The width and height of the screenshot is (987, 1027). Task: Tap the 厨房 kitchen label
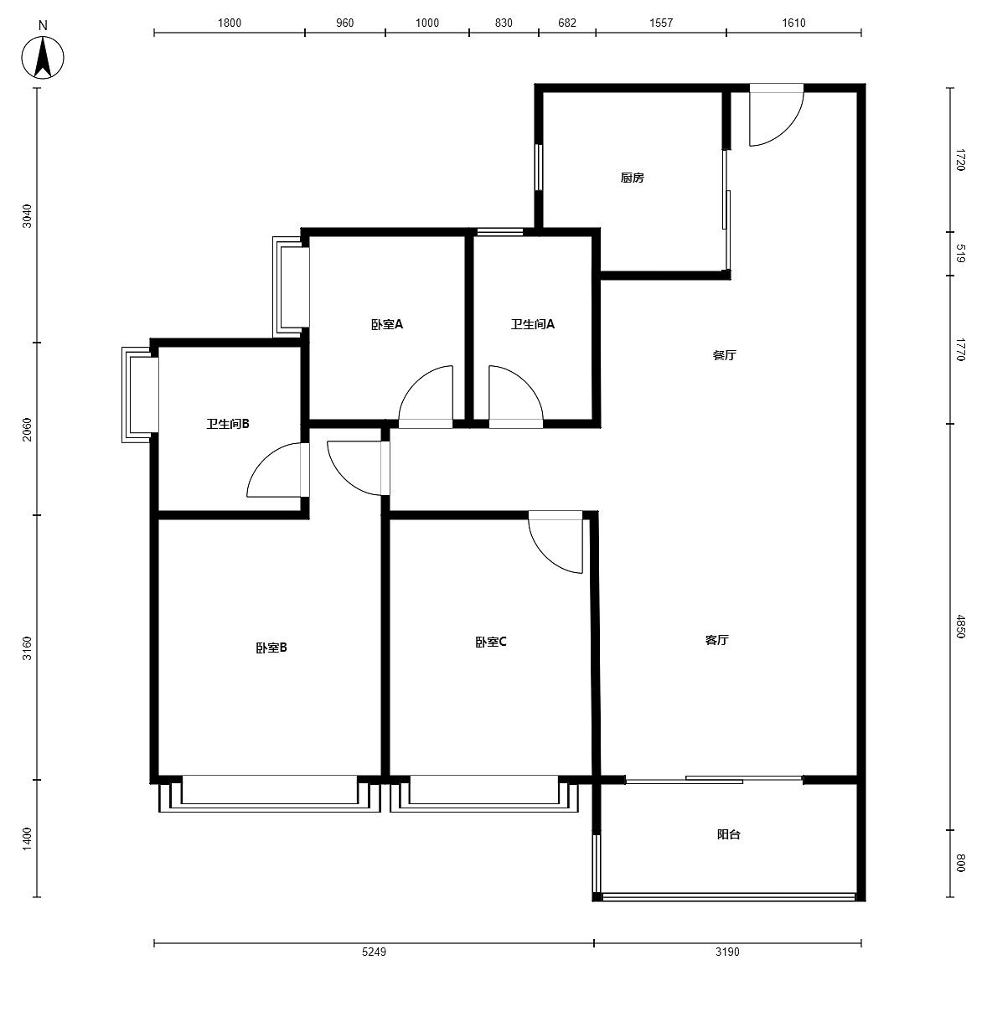pos(632,178)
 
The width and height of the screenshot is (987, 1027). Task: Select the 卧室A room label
pos(387,324)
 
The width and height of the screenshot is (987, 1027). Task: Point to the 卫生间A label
pos(532,324)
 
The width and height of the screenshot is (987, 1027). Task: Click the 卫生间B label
pos(228,423)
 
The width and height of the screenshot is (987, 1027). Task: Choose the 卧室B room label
pos(271,648)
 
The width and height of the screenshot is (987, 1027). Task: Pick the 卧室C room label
pos(491,642)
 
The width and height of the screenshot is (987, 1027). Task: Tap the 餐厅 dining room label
pos(724,355)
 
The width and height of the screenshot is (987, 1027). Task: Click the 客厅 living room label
pos(716,640)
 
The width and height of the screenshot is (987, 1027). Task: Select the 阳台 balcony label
pos(728,834)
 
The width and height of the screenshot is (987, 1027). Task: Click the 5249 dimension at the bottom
pos(374,952)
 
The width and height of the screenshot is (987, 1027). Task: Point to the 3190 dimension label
pos(727,952)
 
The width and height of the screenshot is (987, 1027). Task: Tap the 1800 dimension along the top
pos(230,23)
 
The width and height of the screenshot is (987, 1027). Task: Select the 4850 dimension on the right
pos(961,627)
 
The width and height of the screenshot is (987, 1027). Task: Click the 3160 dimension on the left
pos(27,648)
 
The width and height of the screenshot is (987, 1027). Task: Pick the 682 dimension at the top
pos(567,23)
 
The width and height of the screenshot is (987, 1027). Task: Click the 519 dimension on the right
pos(961,253)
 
